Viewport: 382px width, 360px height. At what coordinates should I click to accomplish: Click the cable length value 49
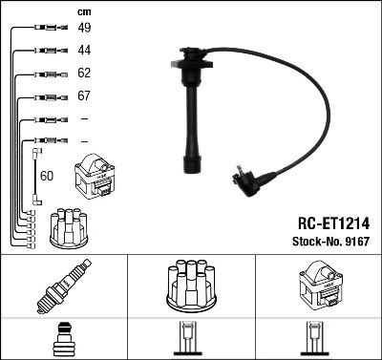[84, 29]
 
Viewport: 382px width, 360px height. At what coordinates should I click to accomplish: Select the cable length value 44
[84, 50]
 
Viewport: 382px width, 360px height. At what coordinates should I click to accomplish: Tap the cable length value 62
[84, 74]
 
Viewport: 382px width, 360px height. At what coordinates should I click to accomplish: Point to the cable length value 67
[84, 96]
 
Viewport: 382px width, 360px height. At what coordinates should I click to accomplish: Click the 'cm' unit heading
[83, 11]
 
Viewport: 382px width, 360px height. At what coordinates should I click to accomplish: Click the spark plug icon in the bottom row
[64, 287]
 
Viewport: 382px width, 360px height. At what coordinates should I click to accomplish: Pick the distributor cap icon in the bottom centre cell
[190, 287]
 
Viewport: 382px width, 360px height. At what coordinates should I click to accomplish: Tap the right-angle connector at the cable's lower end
[248, 179]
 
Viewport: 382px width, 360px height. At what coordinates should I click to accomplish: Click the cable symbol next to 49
[47, 29]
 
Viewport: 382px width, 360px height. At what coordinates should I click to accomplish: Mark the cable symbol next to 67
[47, 96]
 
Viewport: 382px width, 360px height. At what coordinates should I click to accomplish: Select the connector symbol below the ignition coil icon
[317, 341]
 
